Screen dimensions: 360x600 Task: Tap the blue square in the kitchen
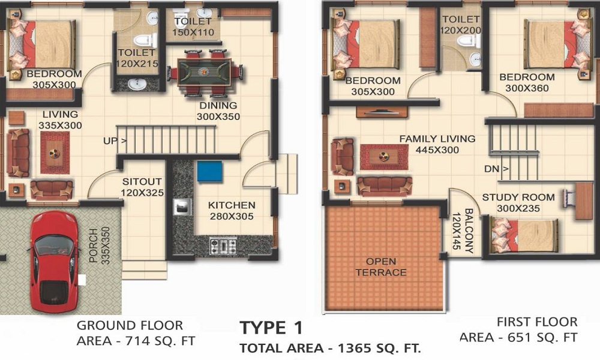[209, 171]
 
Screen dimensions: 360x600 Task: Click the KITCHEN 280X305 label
[232, 211]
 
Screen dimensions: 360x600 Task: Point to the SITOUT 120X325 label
[142, 187]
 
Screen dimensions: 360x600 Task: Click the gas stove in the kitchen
[223, 245]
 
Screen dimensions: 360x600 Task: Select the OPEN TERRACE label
[381, 266]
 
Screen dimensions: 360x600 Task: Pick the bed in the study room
[524, 236]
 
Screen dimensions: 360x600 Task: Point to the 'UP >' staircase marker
[115, 141]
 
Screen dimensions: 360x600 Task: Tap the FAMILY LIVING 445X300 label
[437, 145]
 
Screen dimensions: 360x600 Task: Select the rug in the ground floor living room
[55, 152]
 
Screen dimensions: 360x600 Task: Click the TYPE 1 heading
[271, 328]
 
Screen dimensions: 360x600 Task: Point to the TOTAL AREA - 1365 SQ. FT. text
[330, 348]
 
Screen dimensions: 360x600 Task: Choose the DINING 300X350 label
[218, 111]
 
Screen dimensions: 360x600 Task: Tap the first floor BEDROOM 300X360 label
[527, 82]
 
